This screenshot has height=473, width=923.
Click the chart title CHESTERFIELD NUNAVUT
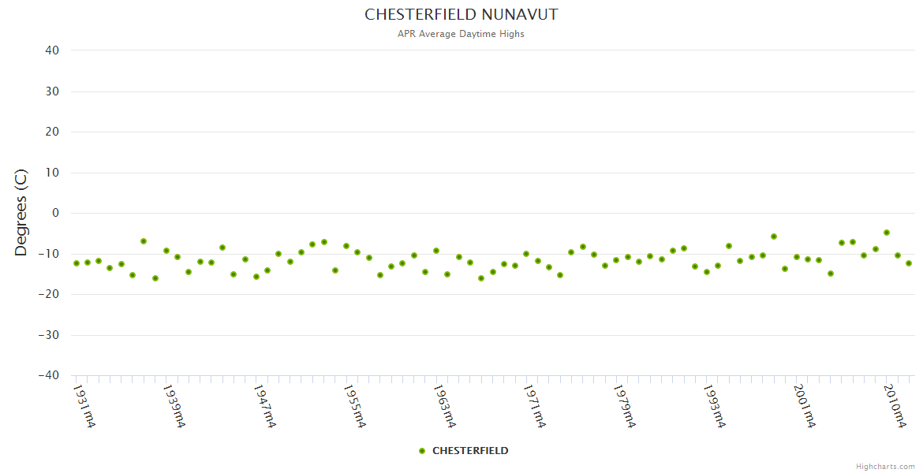(461, 15)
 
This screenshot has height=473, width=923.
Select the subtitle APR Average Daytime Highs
(461, 34)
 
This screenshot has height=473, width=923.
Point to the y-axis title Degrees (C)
(21, 213)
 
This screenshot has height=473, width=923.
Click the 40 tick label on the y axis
(52, 50)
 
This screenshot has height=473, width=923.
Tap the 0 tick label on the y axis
(55, 213)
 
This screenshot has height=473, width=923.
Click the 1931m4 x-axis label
(84, 406)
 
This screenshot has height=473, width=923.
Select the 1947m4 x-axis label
(264, 406)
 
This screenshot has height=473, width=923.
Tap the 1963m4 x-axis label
(444, 406)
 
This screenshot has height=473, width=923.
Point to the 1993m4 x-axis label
(714, 406)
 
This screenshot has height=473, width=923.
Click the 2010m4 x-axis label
(894, 406)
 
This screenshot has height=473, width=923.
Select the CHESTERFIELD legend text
(470, 451)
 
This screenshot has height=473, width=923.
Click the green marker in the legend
(422, 451)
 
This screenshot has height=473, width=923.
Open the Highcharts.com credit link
(885, 467)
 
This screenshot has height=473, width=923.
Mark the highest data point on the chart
(887, 233)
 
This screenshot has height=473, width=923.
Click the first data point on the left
(77, 263)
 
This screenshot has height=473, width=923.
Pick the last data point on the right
(909, 263)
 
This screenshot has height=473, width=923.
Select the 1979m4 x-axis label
(624, 406)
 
